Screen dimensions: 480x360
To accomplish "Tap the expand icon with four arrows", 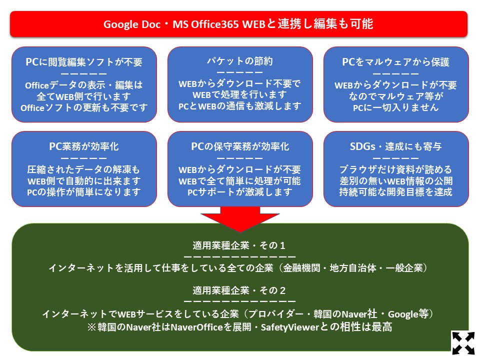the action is click(x=463, y=342).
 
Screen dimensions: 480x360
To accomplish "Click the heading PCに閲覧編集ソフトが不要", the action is click(x=84, y=62).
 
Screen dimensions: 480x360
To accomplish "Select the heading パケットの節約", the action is click(x=240, y=61).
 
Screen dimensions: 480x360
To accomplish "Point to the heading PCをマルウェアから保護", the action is click(x=396, y=62).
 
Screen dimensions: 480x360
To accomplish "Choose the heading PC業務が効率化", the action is click(x=84, y=146).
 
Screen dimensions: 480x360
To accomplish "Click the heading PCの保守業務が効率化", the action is click(x=240, y=146).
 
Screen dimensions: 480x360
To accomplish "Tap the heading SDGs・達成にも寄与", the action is click(x=396, y=146).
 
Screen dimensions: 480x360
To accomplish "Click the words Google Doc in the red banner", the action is click(x=132, y=24).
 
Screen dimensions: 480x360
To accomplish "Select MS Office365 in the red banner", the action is click(x=205, y=24).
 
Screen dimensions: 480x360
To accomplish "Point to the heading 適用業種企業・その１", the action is click(x=239, y=245).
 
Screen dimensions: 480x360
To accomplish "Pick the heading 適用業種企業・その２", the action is click(x=239, y=290).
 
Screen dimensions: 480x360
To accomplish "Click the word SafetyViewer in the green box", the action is click(x=290, y=327).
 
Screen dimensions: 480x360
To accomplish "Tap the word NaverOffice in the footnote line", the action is click(x=196, y=327).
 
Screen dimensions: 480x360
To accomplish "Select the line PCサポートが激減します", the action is click(x=240, y=192).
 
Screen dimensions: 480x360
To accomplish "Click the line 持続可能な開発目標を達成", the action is click(x=396, y=192).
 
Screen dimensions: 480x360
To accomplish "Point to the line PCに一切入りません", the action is click(x=396, y=108).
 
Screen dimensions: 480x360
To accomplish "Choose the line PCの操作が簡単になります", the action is click(x=84, y=192).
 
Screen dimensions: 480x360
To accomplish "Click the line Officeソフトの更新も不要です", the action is click(x=84, y=108).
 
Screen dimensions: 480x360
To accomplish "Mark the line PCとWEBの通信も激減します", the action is click(x=240, y=106).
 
